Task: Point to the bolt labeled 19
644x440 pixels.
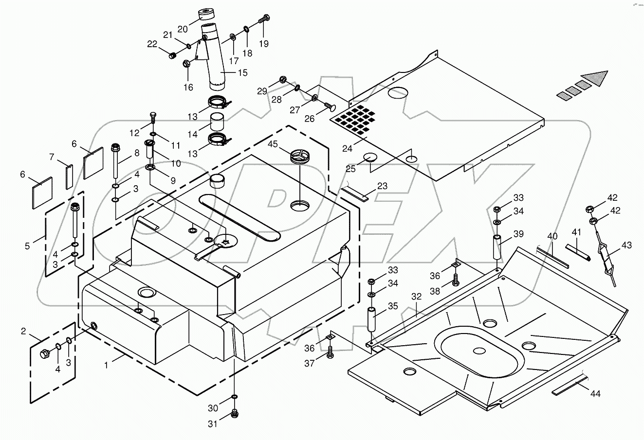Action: (x=264, y=19)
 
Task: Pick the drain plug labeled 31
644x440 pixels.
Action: (x=235, y=414)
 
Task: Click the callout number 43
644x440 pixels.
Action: (x=626, y=246)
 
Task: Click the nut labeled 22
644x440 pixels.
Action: (x=171, y=56)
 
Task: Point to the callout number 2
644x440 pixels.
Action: (x=23, y=332)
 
